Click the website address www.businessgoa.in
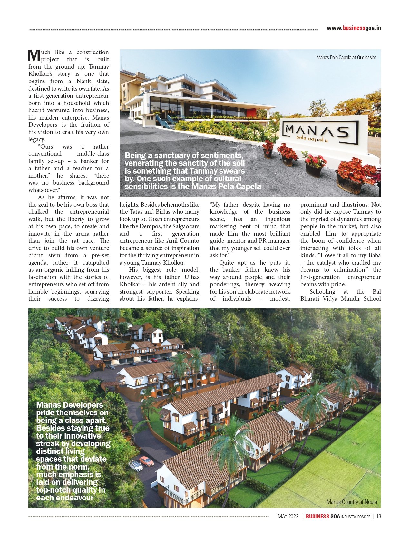354,28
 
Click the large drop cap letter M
34,55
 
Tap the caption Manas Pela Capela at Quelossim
346,58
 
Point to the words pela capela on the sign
312,139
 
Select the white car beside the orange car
136,466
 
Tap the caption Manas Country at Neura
351,502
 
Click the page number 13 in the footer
378,516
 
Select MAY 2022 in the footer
288,516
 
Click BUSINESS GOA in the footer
323,516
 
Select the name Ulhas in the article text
192,277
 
